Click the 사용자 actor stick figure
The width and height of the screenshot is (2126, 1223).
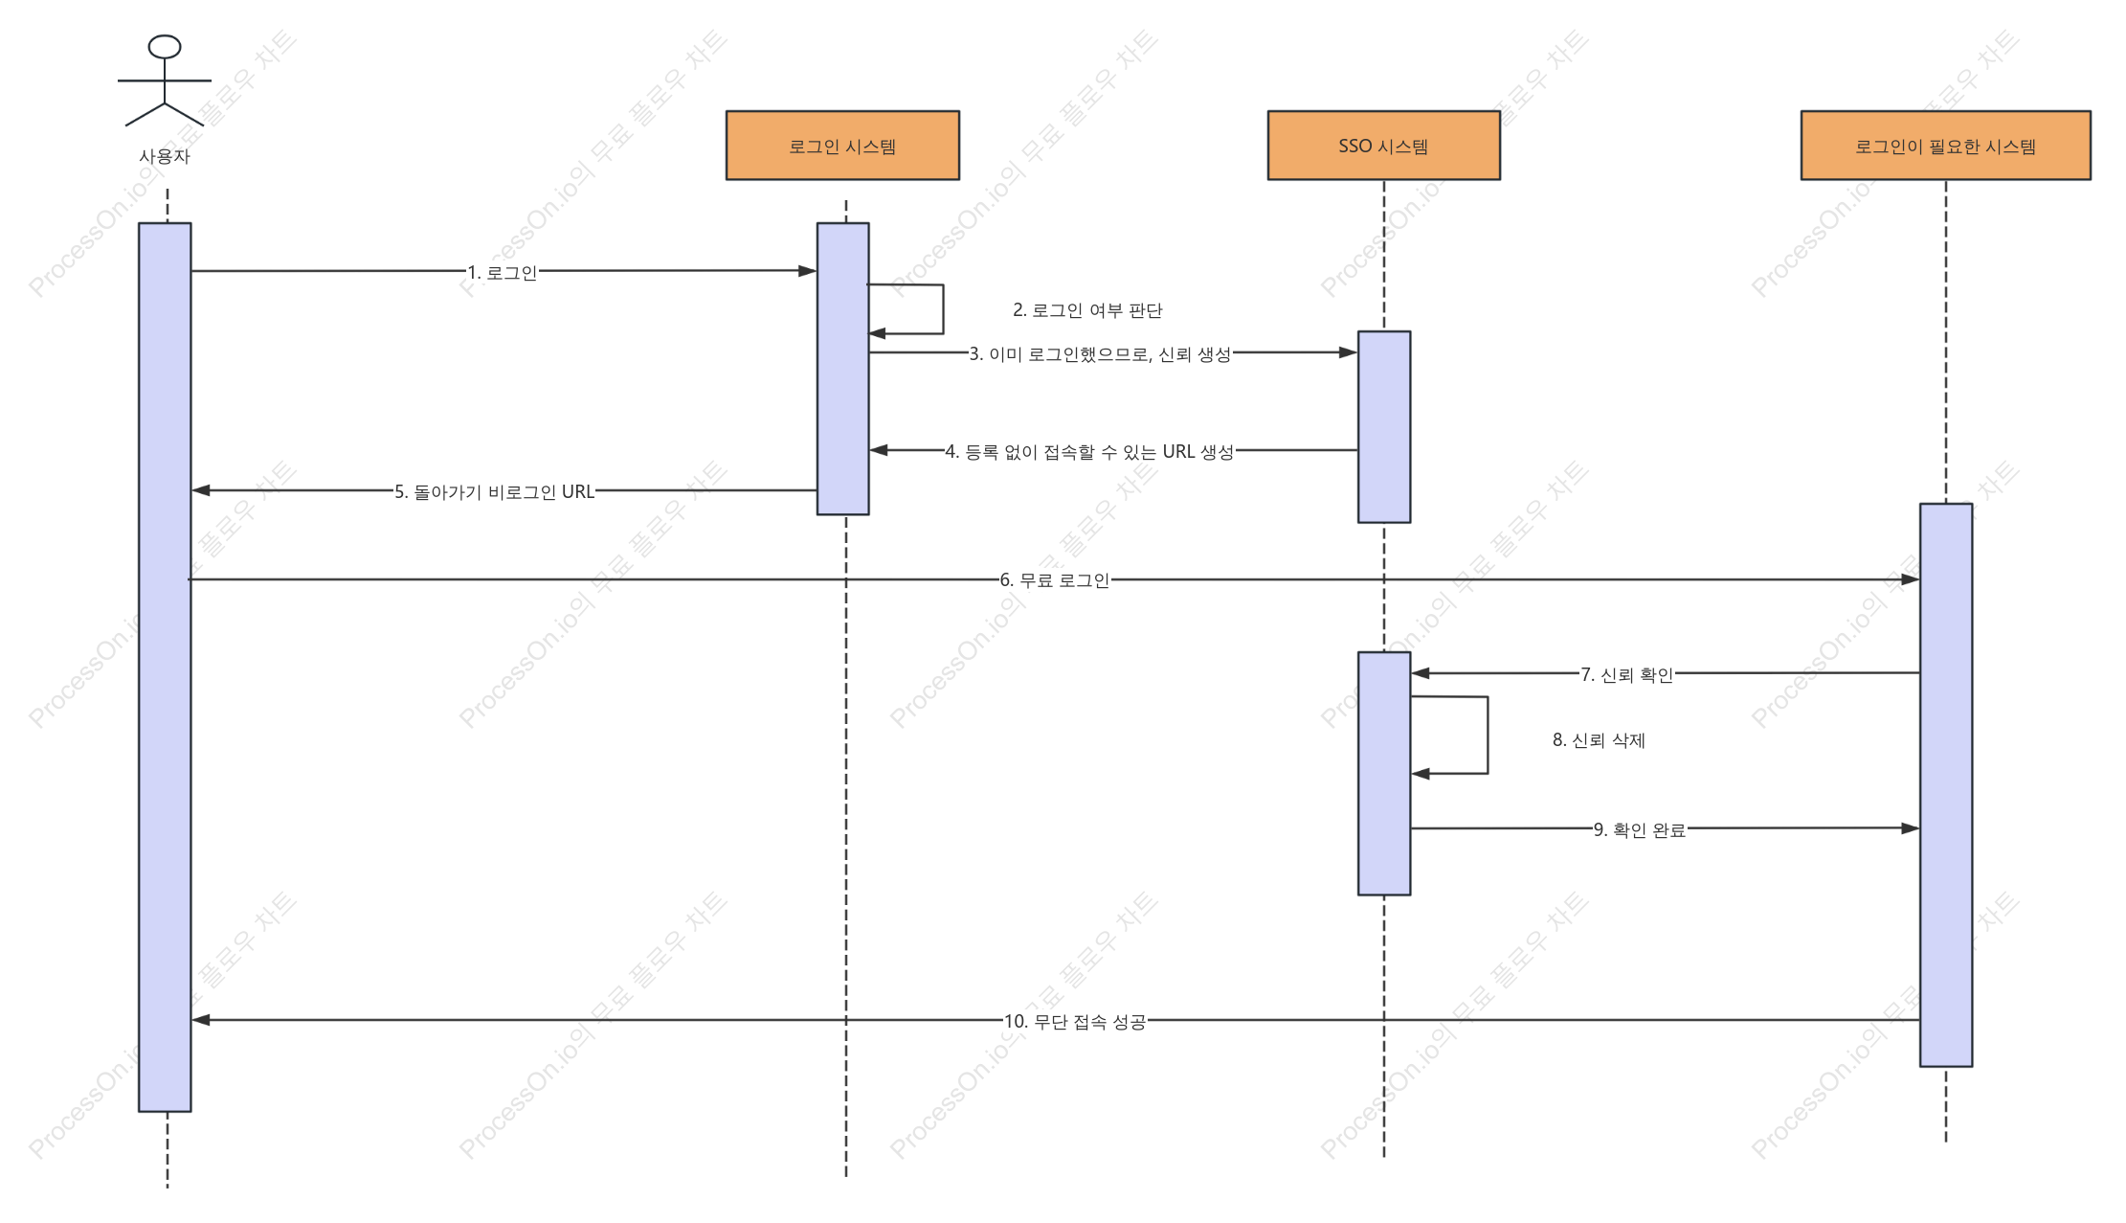(x=165, y=81)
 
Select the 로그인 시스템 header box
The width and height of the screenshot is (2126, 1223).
(x=842, y=146)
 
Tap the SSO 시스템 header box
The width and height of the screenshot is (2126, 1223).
(x=1383, y=146)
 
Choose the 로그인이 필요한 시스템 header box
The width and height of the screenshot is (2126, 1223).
(x=1945, y=146)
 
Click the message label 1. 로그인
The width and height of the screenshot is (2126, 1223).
(x=503, y=273)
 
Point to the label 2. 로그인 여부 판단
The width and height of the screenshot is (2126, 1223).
(x=1087, y=310)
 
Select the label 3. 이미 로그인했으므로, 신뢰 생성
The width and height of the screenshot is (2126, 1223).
(x=1100, y=354)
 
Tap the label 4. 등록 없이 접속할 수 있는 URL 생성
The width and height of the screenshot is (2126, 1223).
(x=1089, y=452)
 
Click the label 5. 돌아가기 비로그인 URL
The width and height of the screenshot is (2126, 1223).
(x=494, y=492)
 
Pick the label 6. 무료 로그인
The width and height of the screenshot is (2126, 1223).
(x=1055, y=580)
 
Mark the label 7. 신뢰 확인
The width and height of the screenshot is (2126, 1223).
(x=1627, y=675)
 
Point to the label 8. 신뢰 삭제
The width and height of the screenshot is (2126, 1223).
(x=1599, y=740)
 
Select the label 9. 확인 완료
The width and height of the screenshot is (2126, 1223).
(x=1640, y=829)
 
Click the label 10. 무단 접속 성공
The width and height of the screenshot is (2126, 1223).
(x=1075, y=1022)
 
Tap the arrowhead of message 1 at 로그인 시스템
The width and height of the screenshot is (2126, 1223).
(x=808, y=271)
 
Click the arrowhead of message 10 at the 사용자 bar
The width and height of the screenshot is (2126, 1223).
(x=201, y=1020)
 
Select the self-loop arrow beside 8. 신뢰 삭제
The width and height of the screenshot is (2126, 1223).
(x=1488, y=735)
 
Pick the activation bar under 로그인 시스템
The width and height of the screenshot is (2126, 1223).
(x=842, y=369)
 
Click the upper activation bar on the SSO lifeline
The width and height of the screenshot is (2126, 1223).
(x=1383, y=427)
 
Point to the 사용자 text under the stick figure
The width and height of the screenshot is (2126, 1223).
(x=165, y=156)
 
